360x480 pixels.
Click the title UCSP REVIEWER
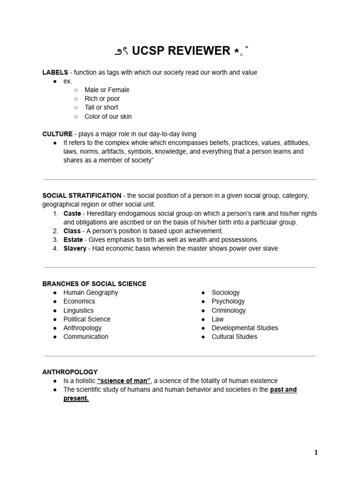(x=181, y=51)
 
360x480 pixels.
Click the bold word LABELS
(x=55, y=72)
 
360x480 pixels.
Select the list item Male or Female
(x=107, y=90)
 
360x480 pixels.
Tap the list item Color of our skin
(x=108, y=116)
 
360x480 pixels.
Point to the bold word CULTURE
(x=57, y=134)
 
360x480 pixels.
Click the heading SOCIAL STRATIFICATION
(x=82, y=195)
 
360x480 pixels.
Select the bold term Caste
(x=72, y=213)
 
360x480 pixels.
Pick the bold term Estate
(x=73, y=240)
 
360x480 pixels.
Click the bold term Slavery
(x=75, y=248)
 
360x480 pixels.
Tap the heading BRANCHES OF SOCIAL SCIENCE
(x=94, y=284)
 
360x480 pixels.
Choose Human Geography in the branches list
(x=90, y=292)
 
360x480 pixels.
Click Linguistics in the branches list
(x=78, y=310)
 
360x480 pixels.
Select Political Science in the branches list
(x=87, y=319)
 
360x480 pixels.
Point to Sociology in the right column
(x=225, y=292)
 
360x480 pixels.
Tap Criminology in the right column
(x=228, y=310)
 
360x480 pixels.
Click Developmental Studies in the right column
(x=245, y=328)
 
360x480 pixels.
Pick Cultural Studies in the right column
(x=234, y=337)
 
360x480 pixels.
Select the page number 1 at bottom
(x=316, y=452)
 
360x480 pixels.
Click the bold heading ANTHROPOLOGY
(x=70, y=372)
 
